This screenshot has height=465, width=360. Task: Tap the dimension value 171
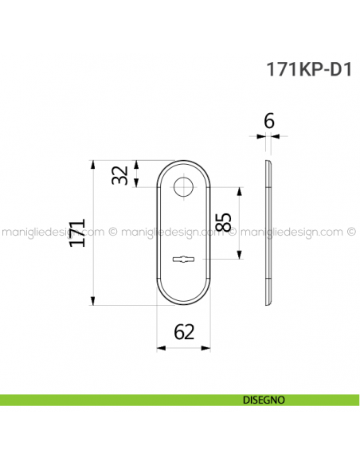click(x=76, y=232)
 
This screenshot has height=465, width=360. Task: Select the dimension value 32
click(x=119, y=175)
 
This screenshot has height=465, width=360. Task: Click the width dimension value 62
click(x=184, y=332)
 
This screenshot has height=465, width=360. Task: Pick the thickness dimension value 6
click(x=268, y=121)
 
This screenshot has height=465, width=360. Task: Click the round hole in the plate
click(x=184, y=188)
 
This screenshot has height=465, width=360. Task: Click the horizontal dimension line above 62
click(x=184, y=347)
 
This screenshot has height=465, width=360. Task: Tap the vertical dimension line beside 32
click(x=138, y=174)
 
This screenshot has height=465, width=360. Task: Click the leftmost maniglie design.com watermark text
click(x=51, y=232)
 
